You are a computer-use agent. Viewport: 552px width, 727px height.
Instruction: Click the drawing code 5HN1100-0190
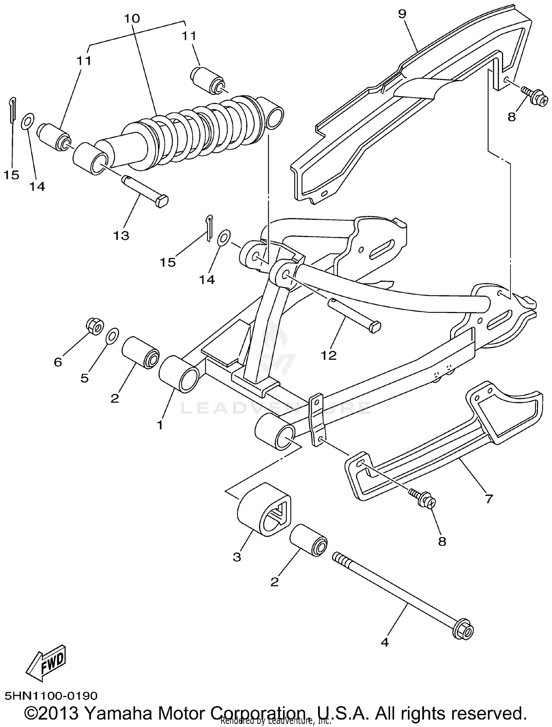pyautogui.click(x=51, y=696)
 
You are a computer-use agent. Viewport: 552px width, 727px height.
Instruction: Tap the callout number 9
pyautogui.click(x=402, y=14)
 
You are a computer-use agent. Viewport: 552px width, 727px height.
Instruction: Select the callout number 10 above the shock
pyautogui.click(x=132, y=18)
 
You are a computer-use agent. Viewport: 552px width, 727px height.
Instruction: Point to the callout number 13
pyautogui.click(x=121, y=235)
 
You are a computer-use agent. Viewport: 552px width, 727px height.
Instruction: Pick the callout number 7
pyautogui.click(x=489, y=499)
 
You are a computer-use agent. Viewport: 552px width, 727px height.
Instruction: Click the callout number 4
pyautogui.click(x=385, y=642)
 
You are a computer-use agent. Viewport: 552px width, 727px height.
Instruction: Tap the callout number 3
pyautogui.click(x=237, y=557)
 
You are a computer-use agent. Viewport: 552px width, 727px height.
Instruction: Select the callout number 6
pyautogui.click(x=58, y=362)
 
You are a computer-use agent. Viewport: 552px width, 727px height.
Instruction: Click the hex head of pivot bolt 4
pyautogui.click(x=464, y=631)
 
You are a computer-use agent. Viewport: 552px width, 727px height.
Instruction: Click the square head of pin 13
pyautogui.click(x=162, y=201)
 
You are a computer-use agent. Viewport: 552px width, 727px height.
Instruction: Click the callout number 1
pyautogui.click(x=160, y=425)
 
